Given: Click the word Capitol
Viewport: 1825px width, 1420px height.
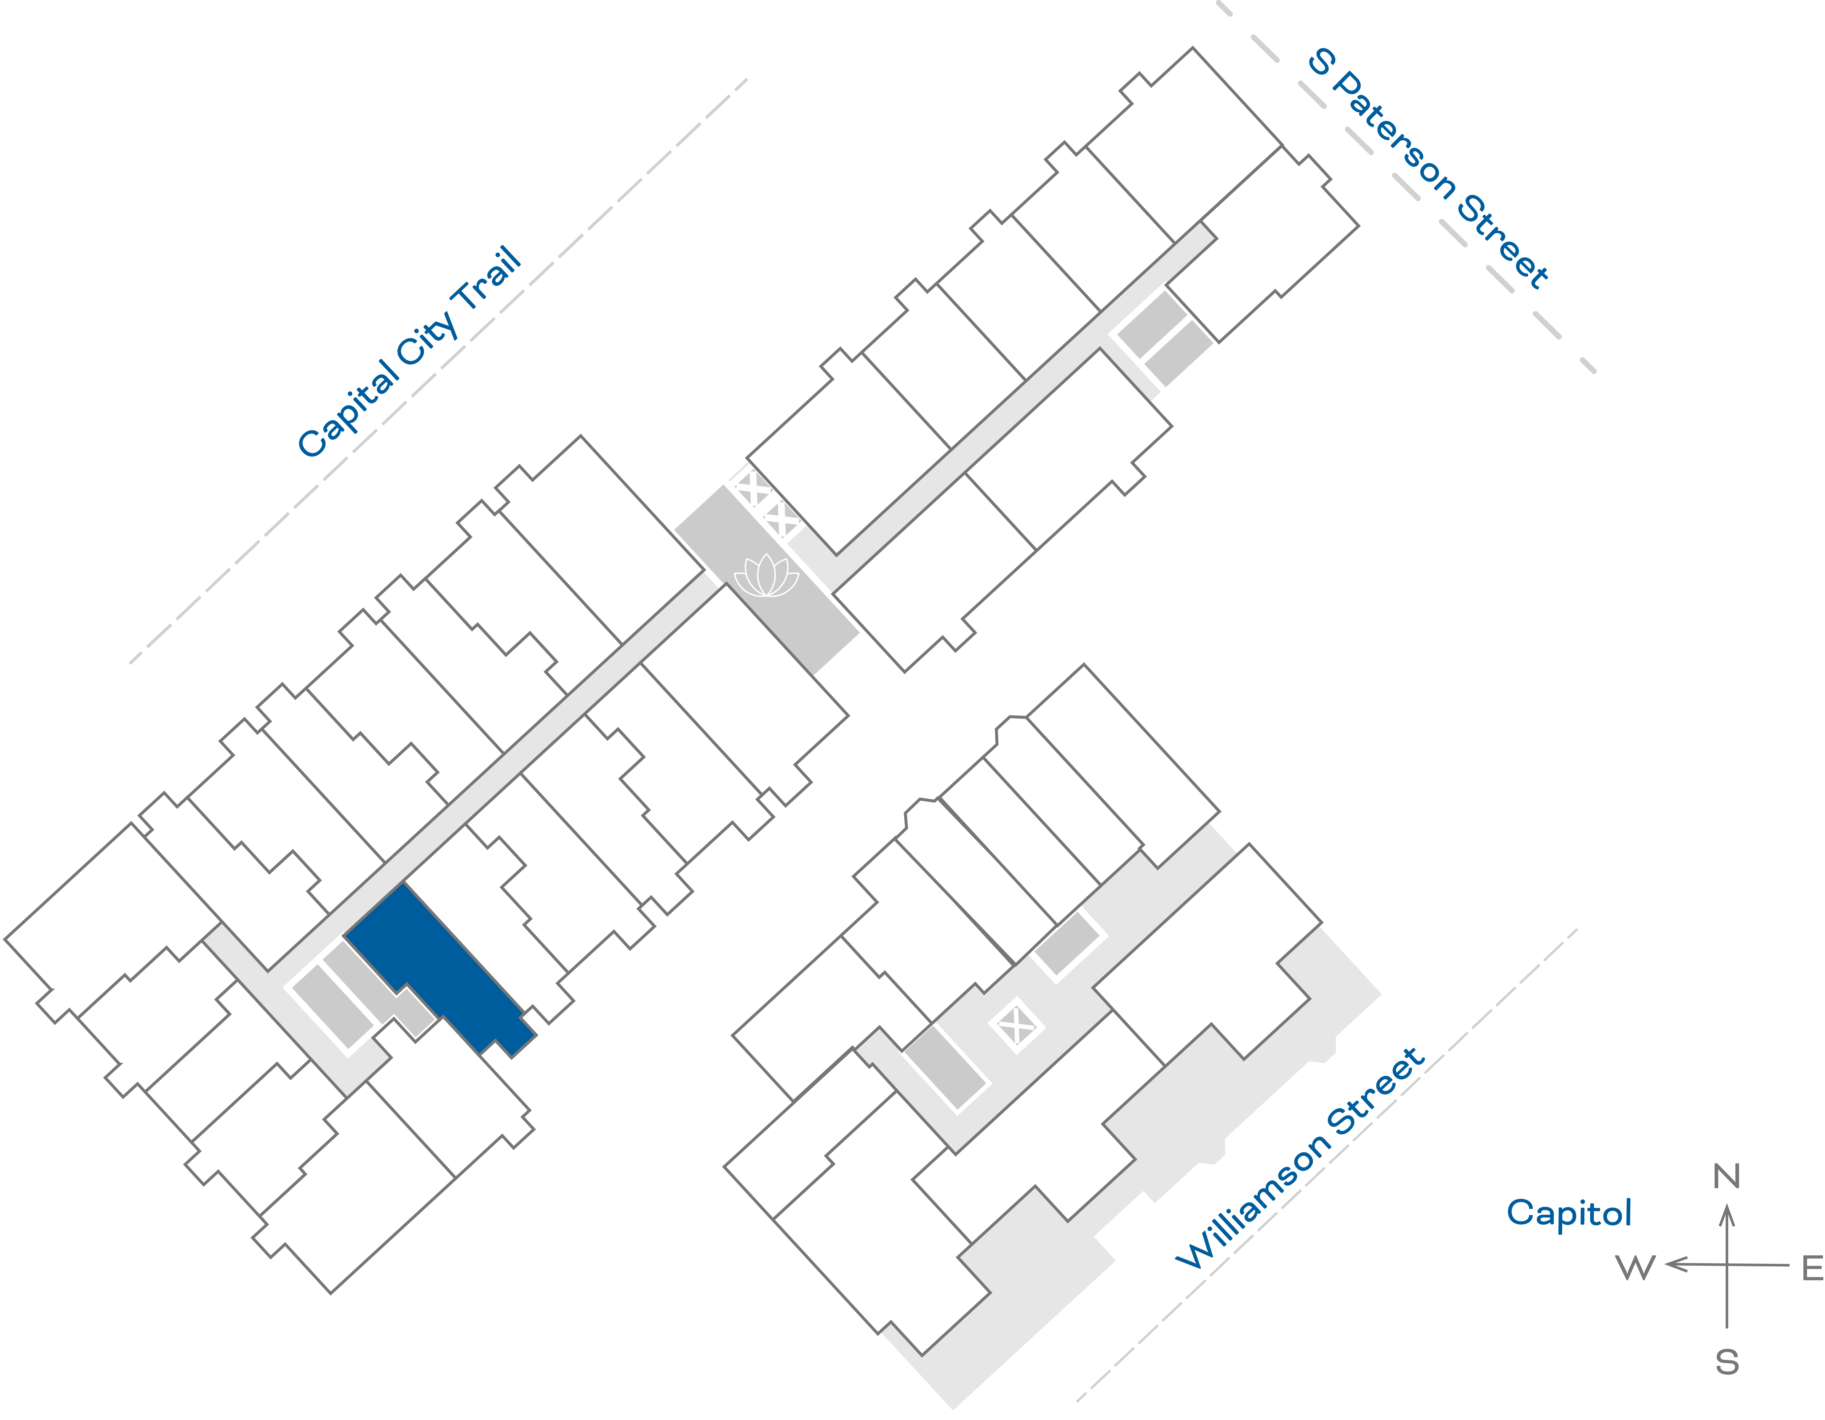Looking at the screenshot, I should point(1569,1213).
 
